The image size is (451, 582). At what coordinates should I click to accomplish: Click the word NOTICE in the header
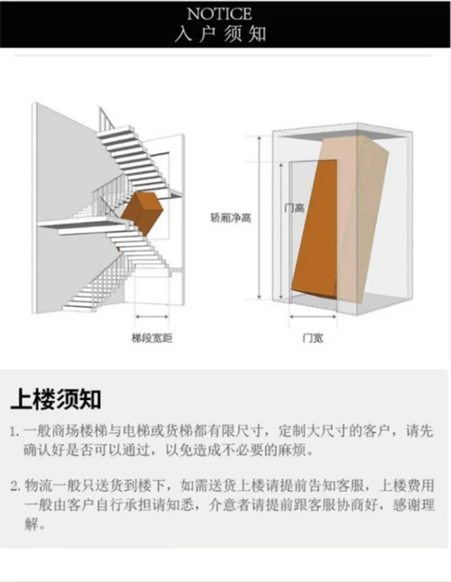click(x=226, y=13)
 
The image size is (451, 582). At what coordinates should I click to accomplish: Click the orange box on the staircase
click(x=142, y=214)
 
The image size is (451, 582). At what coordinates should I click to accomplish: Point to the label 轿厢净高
click(x=230, y=218)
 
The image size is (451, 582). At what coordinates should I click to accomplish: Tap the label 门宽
click(x=312, y=338)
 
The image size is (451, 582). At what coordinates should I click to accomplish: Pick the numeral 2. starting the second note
click(x=16, y=485)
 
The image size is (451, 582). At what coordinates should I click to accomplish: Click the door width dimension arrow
click(x=312, y=316)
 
